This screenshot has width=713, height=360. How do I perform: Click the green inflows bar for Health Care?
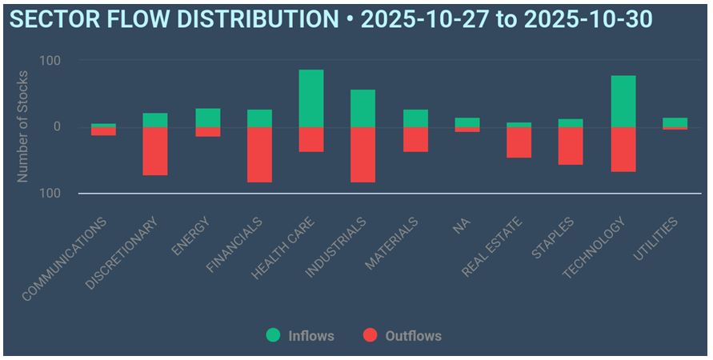click(x=311, y=98)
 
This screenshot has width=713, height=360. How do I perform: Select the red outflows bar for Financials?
click(x=259, y=154)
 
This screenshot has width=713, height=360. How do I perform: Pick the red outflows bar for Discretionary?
click(x=155, y=151)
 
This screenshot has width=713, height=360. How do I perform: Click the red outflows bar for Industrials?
click(x=363, y=154)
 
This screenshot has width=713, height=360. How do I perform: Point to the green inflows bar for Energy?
click(x=207, y=118)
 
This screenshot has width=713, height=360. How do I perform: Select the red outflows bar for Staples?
click(x=571, y=146)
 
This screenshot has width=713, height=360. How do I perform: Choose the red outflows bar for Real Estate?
click(x=519, y=142)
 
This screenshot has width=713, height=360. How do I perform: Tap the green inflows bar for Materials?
click(x=415, y=118)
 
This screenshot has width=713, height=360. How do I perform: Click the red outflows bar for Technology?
click(x=623, y=150)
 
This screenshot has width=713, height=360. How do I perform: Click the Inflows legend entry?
click(x=301, y=336)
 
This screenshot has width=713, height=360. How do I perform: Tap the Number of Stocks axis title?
click(x=23, y=126)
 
